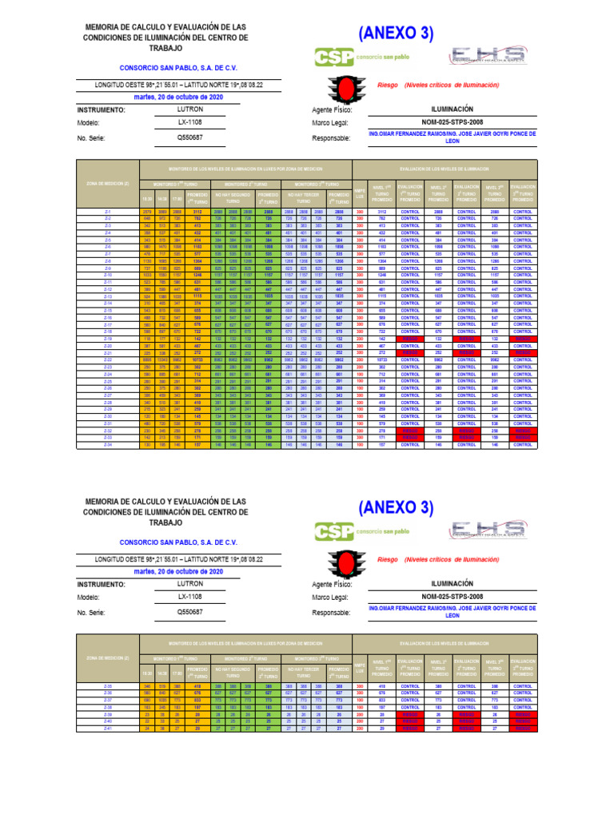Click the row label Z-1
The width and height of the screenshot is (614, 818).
point(107,211)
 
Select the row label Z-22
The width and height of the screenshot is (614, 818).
point(107,361)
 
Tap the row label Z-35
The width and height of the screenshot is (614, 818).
point(107,686)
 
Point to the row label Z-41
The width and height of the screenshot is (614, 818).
point(107,728)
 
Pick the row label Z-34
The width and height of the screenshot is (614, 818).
point(107,445)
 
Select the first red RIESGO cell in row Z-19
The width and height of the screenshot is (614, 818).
point(410,339)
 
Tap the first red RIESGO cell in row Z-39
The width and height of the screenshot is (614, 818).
point(410,714)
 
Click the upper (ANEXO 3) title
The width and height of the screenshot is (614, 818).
point(396,34)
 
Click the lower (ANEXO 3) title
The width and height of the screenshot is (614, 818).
point(396,508)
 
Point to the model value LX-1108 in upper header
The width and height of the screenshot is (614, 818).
point(189,123)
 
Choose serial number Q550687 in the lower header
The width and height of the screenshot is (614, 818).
point(189,612)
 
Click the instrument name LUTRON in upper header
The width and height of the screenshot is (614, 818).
point(189,109)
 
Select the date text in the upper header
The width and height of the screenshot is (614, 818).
point(178,96)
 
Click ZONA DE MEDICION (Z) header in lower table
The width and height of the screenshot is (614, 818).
point(107,657)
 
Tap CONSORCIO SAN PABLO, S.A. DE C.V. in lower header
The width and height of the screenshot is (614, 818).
point(178,542)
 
